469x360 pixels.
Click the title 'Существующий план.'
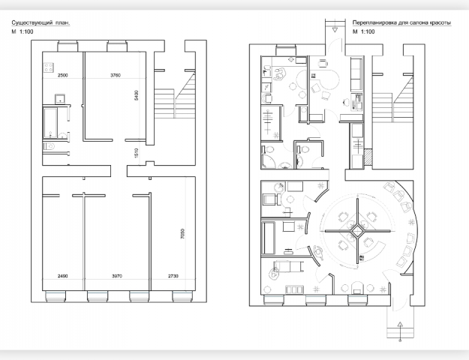pyautogui.click(x=41, y=22)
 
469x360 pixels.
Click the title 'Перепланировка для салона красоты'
pyautogui.click(x=401, y=22)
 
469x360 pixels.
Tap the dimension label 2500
pyautogui.click(x=62, y=75)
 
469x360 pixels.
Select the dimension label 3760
pyautogui.click(x=116, y=75)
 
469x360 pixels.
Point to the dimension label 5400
pyautogui.click(x=137, y=95)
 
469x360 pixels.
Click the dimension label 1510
pyautogui.click(x=137, y=153)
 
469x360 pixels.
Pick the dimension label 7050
pyautogui.click(x=182, y=233)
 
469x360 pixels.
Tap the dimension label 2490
pyautogui.click(x=62, y=276)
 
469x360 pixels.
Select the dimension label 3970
pyautogui.click(x=117, y=276)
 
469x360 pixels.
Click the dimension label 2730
pyautogui.click(x=173, y=276)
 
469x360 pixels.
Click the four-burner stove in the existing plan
pyautogui.click(x=49, y=67)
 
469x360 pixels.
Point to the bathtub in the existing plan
pyautogui.click(x=50, y=122)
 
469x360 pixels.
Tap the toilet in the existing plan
pyautogui.click(x=50, y=146)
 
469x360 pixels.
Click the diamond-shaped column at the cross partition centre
pyautogui.click(x=357, y=230)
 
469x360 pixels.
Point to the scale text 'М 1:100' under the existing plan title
pyautogui.click(x=23, y=31)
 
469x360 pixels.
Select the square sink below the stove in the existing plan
pyautogui.click(x=61, y=98)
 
